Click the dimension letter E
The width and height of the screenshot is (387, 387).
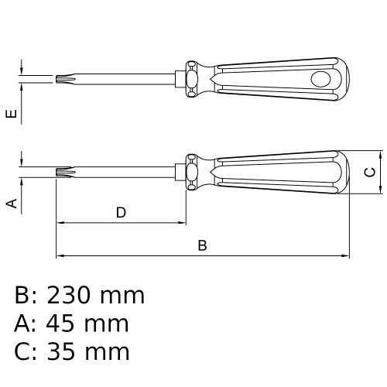[x=11, y=115]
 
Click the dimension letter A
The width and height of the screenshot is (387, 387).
[x=11, y=204]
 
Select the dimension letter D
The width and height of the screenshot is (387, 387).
[x=121, y=212]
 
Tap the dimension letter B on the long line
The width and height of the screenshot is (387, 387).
[x=203, y=245]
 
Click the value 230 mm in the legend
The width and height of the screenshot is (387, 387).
[x=95, y=296]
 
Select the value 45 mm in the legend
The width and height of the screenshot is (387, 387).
[x=86, y=324]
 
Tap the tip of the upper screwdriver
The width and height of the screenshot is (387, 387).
[x=58, y=78]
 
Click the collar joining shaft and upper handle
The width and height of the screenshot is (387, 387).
[x=191, y=78]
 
